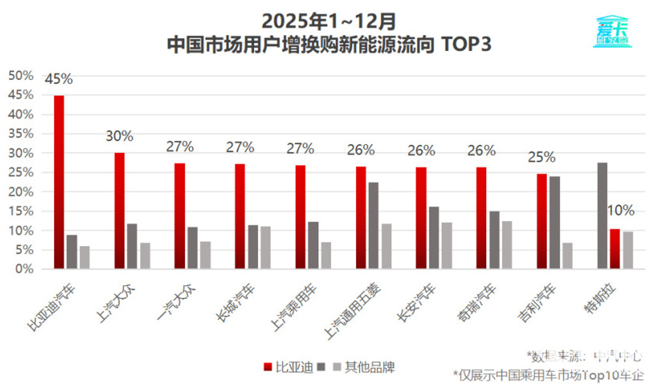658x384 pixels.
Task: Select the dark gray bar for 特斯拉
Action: (602, 215)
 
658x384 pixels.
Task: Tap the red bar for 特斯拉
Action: (615, 249)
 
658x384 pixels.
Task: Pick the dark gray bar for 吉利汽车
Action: (554, 222)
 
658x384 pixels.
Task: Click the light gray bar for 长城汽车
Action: (265, 248)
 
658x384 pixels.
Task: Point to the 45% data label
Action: (59, 79)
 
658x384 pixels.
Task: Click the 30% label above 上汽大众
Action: (119, 136)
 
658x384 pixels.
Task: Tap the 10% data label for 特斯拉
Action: (621, 211)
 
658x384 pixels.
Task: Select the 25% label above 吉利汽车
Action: (542, 157)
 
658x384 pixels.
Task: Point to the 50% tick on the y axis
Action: (21, 76)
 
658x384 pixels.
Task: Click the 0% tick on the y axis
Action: (24, 269)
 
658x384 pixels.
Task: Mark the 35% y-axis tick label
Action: (21, 134)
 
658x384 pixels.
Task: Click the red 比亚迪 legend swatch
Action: (268, 367)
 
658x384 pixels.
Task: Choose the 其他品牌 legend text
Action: (370, 367)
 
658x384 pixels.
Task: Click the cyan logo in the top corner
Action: (612, 32)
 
